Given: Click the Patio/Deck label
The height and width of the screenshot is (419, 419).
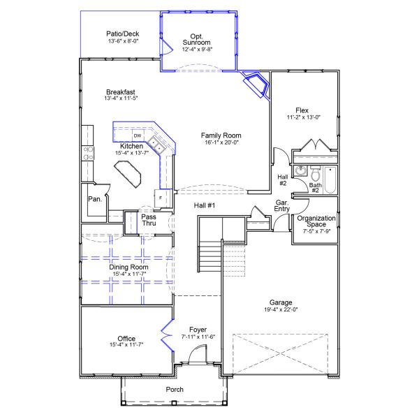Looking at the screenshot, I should [122, 34].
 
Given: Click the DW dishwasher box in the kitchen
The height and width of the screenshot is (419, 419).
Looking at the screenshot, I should [138, 135].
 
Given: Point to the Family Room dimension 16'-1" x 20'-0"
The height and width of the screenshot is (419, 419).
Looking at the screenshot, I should [221, 142].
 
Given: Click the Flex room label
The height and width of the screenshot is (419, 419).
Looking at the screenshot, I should [302, 110].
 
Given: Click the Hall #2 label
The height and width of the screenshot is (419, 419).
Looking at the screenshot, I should [283, 180].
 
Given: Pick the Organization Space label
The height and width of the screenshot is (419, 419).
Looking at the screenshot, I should [316, 218].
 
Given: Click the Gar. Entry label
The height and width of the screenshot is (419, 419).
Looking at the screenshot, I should [282, 205].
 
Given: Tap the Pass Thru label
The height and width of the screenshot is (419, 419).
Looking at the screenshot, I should [149, 220].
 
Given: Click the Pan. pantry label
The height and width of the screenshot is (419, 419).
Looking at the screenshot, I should [95, 199].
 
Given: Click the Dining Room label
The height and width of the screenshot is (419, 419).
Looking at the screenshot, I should [129, 267].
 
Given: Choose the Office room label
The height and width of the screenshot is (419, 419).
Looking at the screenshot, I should [126, 337].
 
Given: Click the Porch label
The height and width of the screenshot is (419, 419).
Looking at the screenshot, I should [175, 390].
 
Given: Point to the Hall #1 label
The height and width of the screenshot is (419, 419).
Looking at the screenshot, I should [205, 205].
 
